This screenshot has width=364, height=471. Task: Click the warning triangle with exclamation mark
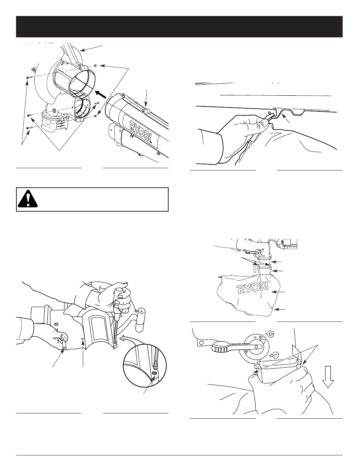point(28,199)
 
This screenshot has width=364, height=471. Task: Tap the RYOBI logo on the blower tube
point(139,127)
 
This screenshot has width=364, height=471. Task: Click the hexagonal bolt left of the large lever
point(198,343)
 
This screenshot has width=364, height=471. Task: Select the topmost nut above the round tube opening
point(95,65)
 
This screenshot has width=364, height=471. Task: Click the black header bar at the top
point(182,27)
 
